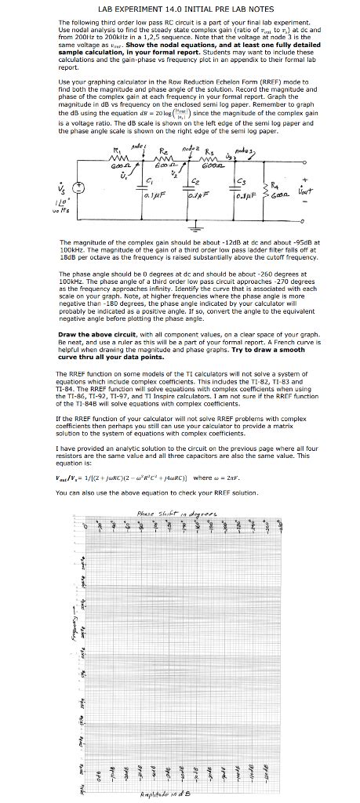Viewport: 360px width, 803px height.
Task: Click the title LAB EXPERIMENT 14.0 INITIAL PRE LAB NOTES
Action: pyautogui.click(x=180, y=7)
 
